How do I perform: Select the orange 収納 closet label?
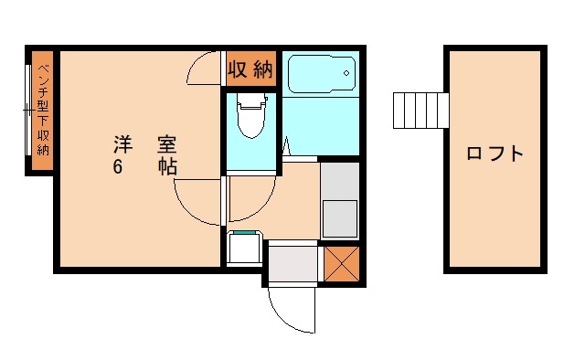coord(250,69)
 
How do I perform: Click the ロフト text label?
coord(495,154)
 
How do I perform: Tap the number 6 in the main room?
coord(119,167)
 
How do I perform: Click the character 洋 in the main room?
coord(122,144)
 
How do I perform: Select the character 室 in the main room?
coord(166,144)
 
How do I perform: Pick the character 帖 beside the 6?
coord(166,167)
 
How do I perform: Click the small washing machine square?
coord(243,248)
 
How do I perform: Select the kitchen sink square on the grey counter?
coord(339,217)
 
